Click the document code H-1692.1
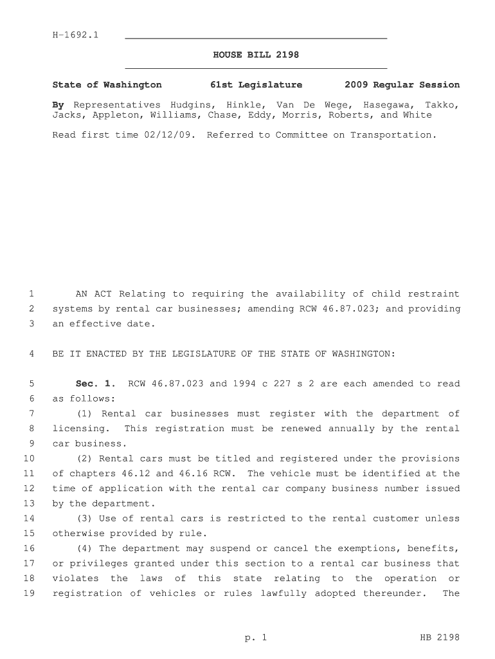tap(75, 35)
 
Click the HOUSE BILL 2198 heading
tap(256, 55)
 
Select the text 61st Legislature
tap(256, 85)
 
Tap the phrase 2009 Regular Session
tap(402, 85)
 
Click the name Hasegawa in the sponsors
tap(388, 104)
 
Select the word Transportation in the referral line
tap(393, 135)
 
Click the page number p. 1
tap(255, 638)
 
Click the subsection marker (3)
tap(84, 519)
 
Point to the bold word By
tap(58, 104)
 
